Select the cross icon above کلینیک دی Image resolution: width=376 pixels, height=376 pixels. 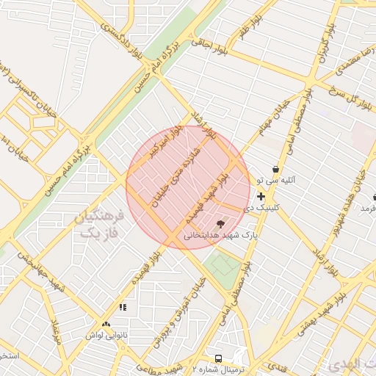click(261, 196)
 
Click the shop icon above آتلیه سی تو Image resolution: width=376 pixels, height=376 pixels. click(275, 169)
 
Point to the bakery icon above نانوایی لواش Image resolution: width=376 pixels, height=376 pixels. click(106, 324)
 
